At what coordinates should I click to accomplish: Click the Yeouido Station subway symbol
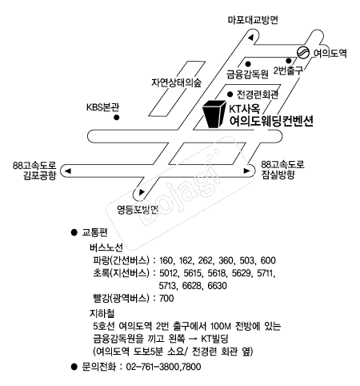tap(303, 52)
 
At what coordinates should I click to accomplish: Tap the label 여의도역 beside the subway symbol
tap(330, 54)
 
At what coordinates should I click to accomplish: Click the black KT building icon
tap(214, 114)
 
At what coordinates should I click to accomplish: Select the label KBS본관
tap(102, 107)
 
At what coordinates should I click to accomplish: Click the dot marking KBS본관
tap(116, 118)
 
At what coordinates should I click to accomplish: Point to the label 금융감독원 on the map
tap(247, 74)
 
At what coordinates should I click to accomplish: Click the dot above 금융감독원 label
tap(248, 64)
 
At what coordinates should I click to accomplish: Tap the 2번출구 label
tap(289, 70)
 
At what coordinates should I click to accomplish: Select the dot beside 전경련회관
tap(230, 94)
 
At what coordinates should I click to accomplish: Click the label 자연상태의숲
tap(177, 82)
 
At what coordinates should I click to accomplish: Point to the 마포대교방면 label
tap(253, 20)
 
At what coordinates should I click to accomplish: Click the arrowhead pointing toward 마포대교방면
tap(250, 38)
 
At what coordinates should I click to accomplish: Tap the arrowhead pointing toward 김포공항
tap(68, 171)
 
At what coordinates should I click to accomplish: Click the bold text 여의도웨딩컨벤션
tap(271, 121)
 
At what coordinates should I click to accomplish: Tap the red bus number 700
tap(166, 298)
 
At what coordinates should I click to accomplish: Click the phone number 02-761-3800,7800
tap(163, 367)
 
